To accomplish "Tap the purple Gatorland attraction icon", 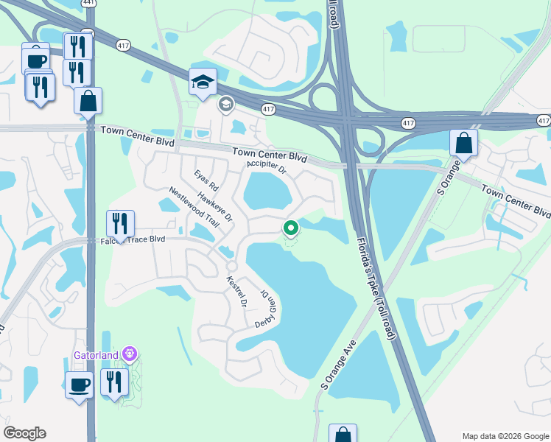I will [x=130, y=354].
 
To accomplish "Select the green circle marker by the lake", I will [x=290, y=228].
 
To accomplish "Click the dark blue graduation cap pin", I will [x=201, y=83].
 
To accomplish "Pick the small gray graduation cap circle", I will [x=225, y=105].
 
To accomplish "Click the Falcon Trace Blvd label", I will [x=133, y=240].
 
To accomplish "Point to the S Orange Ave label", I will [x=338, y=365].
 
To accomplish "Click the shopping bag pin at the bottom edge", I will [x=342, y=435].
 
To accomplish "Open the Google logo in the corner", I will [x=24, y=433].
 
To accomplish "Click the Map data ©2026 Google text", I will [x=505, y=435].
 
